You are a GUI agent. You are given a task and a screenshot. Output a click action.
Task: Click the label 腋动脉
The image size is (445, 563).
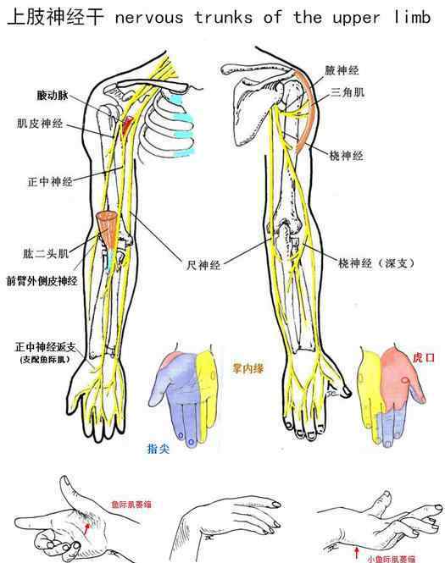tap(53, 95)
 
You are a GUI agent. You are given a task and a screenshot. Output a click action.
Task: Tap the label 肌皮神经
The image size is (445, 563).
tap(40, 124)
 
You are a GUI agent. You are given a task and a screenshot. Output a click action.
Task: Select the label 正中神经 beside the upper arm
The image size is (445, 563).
tap(50, 182)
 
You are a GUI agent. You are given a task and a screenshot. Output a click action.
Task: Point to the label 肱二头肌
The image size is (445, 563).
tap(46, 254)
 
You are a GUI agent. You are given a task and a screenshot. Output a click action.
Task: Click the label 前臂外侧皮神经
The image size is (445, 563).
tap(42, 281)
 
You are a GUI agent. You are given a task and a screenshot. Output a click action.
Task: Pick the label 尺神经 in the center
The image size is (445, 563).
tap(203, 265)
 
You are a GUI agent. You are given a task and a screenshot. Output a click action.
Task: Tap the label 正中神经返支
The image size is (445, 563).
tap(45, 347)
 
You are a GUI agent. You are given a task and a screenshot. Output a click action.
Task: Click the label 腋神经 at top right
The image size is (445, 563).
tap(342, 70)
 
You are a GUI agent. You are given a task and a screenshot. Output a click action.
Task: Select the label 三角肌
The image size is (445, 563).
tap(348, 92)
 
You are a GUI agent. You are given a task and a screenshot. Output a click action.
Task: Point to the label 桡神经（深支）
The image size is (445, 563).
tap(376, 263)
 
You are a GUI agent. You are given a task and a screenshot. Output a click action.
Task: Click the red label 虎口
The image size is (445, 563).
tap(424, 357)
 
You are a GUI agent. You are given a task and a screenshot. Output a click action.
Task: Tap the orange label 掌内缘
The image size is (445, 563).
tap(248, 368)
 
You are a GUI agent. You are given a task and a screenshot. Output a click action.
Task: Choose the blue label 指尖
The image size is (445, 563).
tap(159, 449)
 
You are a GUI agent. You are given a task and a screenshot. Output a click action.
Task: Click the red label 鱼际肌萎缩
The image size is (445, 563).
tap(131, 504)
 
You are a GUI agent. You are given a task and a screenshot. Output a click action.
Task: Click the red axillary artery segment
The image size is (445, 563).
tap(126, 125)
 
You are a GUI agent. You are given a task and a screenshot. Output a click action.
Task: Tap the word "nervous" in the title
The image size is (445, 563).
tap(149, 17)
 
